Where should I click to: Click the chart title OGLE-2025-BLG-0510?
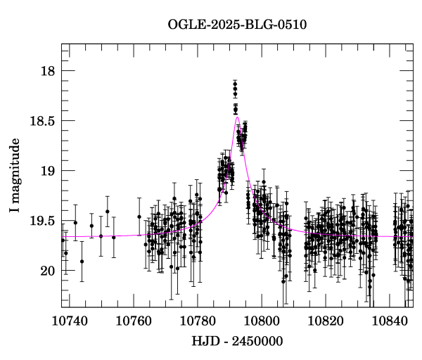tap(237, 25)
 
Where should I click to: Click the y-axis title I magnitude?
tap(15, 175)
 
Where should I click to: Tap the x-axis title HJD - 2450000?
tap(237, 341)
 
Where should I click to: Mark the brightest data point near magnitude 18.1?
tap(235, 85)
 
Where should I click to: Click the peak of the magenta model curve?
tap(238, 117)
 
